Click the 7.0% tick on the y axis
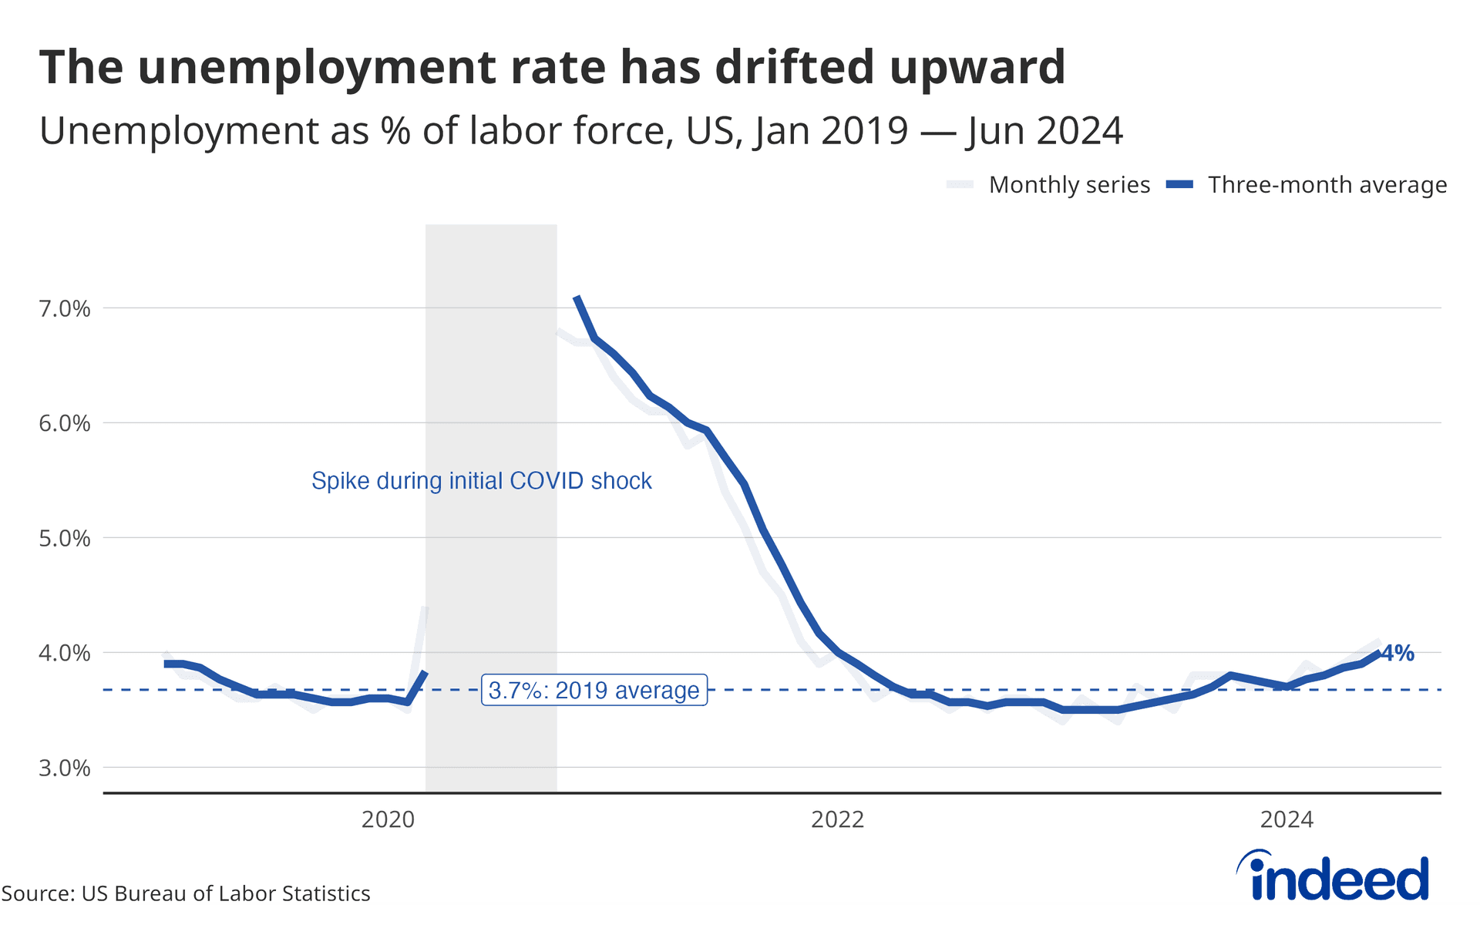65,309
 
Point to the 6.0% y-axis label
65,423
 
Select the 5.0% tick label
65,538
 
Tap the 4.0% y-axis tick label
65,653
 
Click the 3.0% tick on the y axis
65,768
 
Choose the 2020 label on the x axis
388,819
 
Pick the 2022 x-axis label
837,819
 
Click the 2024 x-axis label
1287,819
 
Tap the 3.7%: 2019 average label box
594,690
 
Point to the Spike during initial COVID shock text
481,481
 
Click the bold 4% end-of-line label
1398,654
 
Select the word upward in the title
977,67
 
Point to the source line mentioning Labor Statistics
186,893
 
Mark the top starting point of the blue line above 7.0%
577,298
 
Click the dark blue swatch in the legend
1179,185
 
